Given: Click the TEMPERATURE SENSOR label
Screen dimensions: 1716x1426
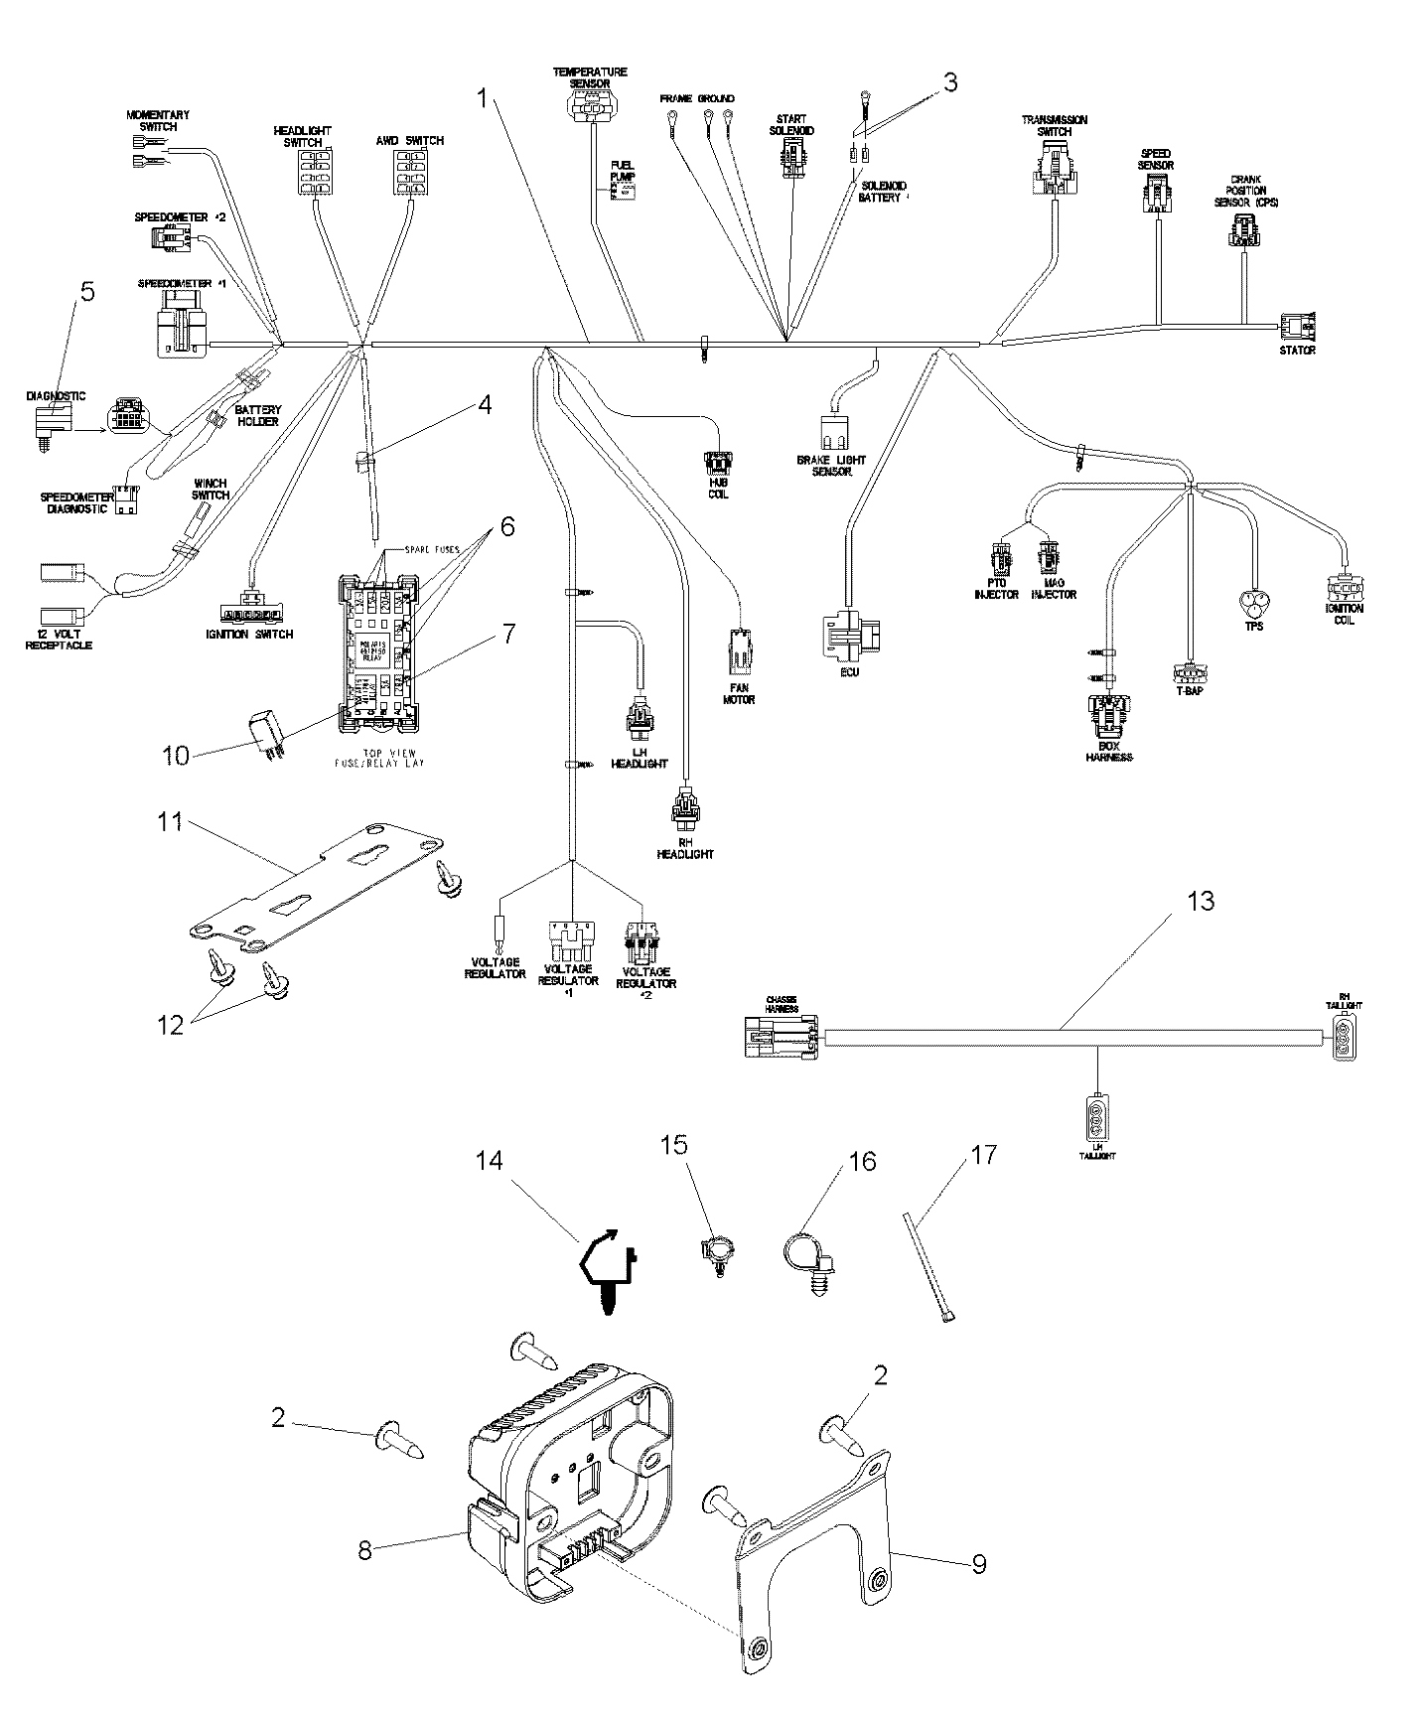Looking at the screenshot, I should pos(590,77).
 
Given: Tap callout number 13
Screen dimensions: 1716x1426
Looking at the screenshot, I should pos(1201,902).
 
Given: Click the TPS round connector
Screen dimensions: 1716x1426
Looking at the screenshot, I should pos(1253,602).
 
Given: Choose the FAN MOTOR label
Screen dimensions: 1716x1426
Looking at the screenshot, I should pos(738,693).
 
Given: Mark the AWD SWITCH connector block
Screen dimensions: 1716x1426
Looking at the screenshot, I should pos(410,174).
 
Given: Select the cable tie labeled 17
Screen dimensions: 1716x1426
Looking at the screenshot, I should pos(927,1267).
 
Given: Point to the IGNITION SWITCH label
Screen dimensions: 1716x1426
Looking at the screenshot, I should pos(256,634).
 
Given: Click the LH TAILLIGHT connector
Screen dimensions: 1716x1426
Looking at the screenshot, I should pos(1096,1112).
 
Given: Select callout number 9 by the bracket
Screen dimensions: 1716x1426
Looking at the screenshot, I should pos(978,1564).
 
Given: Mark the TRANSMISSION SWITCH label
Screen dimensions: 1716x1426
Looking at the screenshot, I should pos(1054,125).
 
